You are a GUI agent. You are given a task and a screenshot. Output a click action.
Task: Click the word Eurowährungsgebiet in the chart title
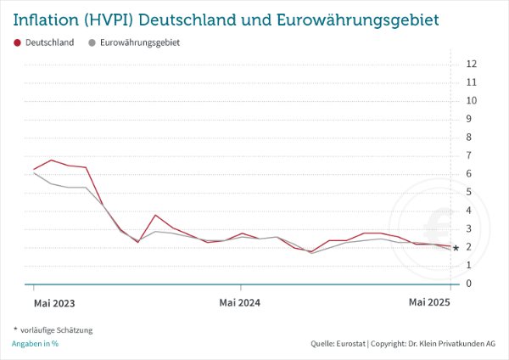pos(346,19)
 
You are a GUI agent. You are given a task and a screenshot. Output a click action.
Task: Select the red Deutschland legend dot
pos(18,42)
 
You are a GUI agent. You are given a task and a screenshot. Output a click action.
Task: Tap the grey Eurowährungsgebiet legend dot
pos(91,42)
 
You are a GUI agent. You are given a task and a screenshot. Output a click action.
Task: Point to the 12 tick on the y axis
pos(472,64)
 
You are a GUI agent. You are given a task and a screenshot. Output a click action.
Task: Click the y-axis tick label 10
pos(472,100)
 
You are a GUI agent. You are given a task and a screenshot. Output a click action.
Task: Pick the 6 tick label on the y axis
pos(469,174)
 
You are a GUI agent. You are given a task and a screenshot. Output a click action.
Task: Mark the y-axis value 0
pos(469,284)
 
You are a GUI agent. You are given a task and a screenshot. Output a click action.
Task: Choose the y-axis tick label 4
pos(469,211)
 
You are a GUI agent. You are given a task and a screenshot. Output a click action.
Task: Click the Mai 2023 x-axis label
pos(53,302)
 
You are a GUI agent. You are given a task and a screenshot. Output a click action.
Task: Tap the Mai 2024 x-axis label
pos(239,302)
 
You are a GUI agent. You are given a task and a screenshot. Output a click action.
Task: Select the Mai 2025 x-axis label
pos(429,302)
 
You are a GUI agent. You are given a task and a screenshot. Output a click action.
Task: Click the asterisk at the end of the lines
pos(456,248)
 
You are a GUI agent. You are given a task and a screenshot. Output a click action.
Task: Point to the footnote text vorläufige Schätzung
pos(55,329)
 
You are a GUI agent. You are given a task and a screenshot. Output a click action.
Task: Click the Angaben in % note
pos(35,344)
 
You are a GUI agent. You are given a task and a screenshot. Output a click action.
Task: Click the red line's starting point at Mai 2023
pos(34,169)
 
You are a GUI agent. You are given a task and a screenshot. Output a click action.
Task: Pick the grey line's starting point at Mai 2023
pos(34,173)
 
